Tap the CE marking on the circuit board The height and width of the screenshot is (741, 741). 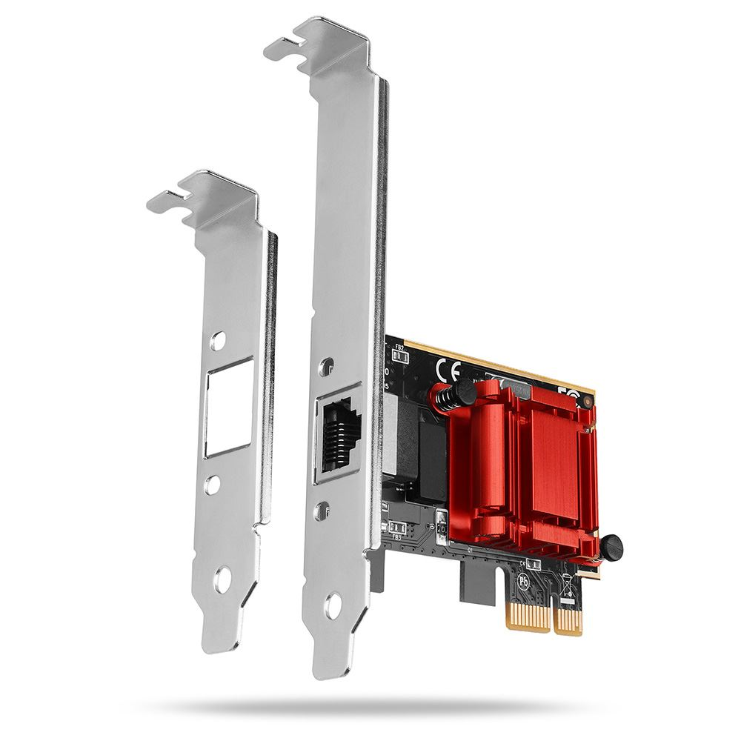point(450,368)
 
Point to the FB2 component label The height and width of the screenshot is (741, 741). point(399,347)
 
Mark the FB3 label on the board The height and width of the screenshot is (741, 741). point(396,536)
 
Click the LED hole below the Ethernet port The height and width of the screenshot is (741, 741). point(323,509)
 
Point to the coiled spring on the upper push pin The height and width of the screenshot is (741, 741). point(445,400)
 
